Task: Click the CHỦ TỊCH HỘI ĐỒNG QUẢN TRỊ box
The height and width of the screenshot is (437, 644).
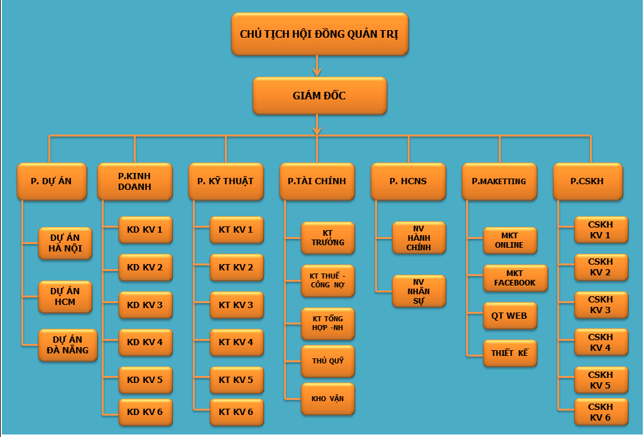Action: point(320,34)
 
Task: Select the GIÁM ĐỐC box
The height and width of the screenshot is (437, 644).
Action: point(320,96)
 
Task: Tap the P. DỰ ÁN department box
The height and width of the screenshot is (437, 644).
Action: point(52,181)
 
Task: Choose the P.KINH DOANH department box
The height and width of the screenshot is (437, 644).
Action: point(134,181)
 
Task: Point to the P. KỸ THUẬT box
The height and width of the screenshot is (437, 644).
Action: point(226,181)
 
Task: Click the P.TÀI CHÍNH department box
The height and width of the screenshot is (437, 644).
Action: point(317,181)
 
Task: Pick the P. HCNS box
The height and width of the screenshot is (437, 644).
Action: point(408,181)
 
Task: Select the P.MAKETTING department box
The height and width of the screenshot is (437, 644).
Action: point(499,181)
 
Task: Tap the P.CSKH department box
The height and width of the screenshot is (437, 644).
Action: point(588,181)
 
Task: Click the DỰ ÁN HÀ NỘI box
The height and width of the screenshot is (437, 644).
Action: point(65,243)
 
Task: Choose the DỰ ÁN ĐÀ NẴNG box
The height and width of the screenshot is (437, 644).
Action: point(68,345)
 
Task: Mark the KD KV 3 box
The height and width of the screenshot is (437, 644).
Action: point(145,305)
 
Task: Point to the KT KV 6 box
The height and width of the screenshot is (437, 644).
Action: point(237,412)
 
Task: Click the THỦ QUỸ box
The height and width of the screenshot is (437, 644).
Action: point(328,361)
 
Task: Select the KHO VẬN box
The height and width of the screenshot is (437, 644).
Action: point(328,399)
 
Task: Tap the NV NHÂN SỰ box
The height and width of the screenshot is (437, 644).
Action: point(419,291)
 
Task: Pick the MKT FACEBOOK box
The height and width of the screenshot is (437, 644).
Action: point(515,279)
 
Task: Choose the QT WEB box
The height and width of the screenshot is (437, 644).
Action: point(510,316)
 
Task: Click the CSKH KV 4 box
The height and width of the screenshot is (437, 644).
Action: point(601,342)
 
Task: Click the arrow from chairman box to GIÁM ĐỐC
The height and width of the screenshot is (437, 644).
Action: point(317,66)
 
